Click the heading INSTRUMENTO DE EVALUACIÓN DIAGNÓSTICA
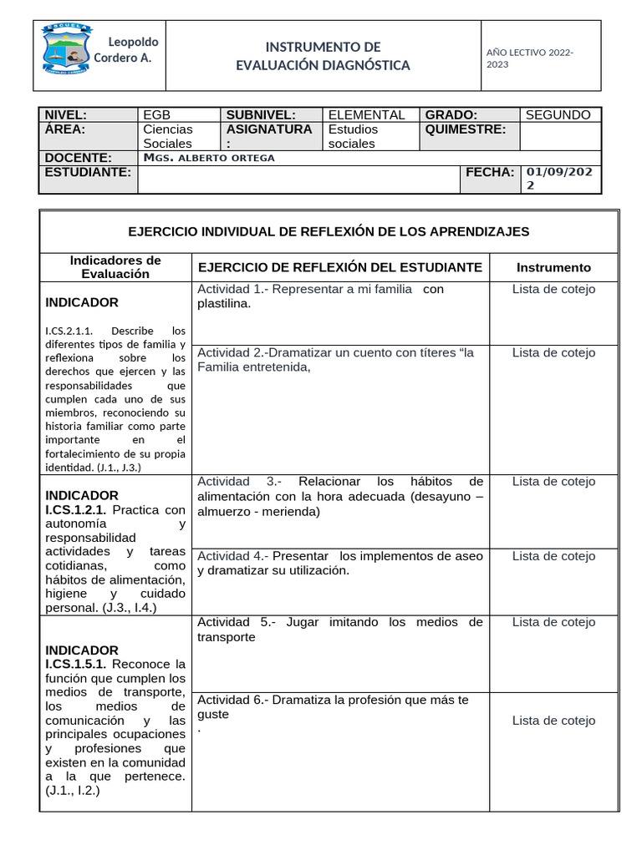[323, 56]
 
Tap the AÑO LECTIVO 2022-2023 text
[529, 58]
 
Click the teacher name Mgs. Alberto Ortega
[209, 158]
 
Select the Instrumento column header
[553, 268]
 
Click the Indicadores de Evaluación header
[115, 267]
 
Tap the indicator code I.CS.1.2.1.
[75, 509]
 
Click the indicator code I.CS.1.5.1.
[75, 664]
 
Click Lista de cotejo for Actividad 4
[553, 556]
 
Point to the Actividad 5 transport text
[339, 630]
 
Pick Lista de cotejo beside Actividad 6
[553, 721]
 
